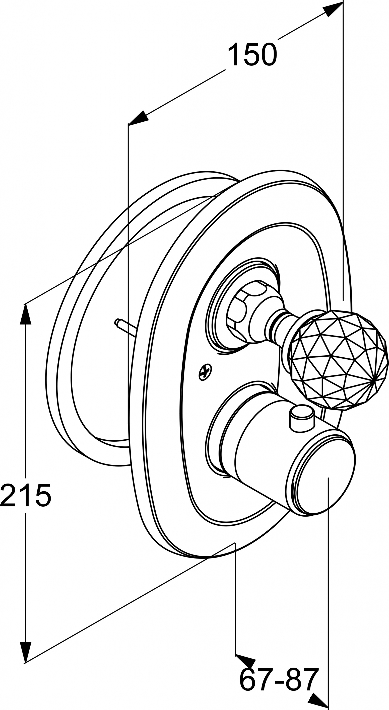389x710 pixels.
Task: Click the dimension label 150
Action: [x=252, y=55]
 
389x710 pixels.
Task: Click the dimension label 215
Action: [x=26, y=495]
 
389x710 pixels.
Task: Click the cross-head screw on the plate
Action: [x=205, y=372]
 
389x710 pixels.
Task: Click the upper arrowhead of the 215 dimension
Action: [x=25, y=314]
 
